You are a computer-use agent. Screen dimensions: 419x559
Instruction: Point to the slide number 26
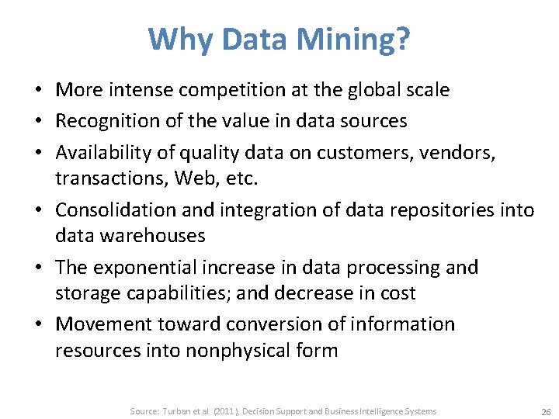tap(544, 411)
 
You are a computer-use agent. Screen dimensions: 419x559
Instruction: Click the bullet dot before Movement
tap(45, 324)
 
